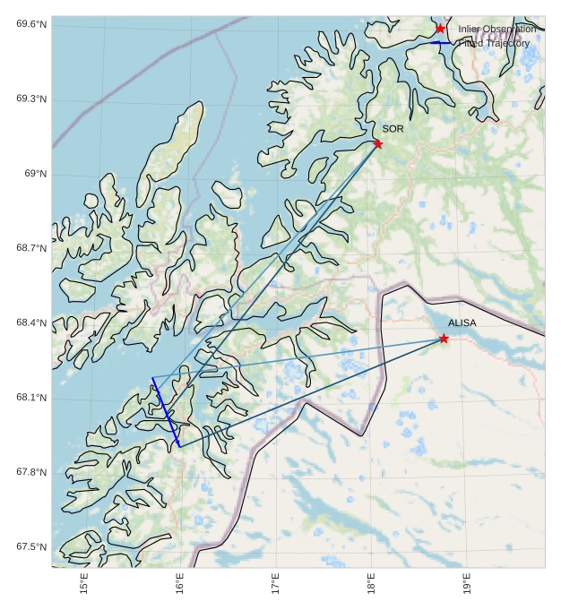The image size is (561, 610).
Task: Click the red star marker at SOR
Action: point(377,143)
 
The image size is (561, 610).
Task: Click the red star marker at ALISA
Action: point(444,338)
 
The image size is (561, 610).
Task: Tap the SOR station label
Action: point(393,129)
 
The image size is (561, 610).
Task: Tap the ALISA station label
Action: point(462,322)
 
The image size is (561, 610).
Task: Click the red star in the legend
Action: point(440,29)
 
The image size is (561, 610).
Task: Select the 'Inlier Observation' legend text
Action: point(496,29)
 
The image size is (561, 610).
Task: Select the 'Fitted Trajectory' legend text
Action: point(494,43)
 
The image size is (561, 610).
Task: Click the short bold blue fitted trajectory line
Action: point(166,412)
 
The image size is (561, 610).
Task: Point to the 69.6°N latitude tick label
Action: point(31,24)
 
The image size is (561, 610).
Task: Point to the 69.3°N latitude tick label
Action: point(31,99)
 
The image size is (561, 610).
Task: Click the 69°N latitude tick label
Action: point(35,174)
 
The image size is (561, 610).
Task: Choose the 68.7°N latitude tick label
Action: point(31,248)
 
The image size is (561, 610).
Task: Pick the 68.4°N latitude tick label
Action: point(31,322)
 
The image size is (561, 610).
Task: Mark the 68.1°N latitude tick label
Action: point(31,398)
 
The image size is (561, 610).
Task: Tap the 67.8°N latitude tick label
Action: point(31,472)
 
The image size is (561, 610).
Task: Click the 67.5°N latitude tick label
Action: point(31,546)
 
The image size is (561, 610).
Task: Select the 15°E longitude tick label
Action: point(84,584)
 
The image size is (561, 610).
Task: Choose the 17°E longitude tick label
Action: point(276,584)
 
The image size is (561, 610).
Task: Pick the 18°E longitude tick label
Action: point(372,584)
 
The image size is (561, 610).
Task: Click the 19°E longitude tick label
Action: point(468,584)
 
